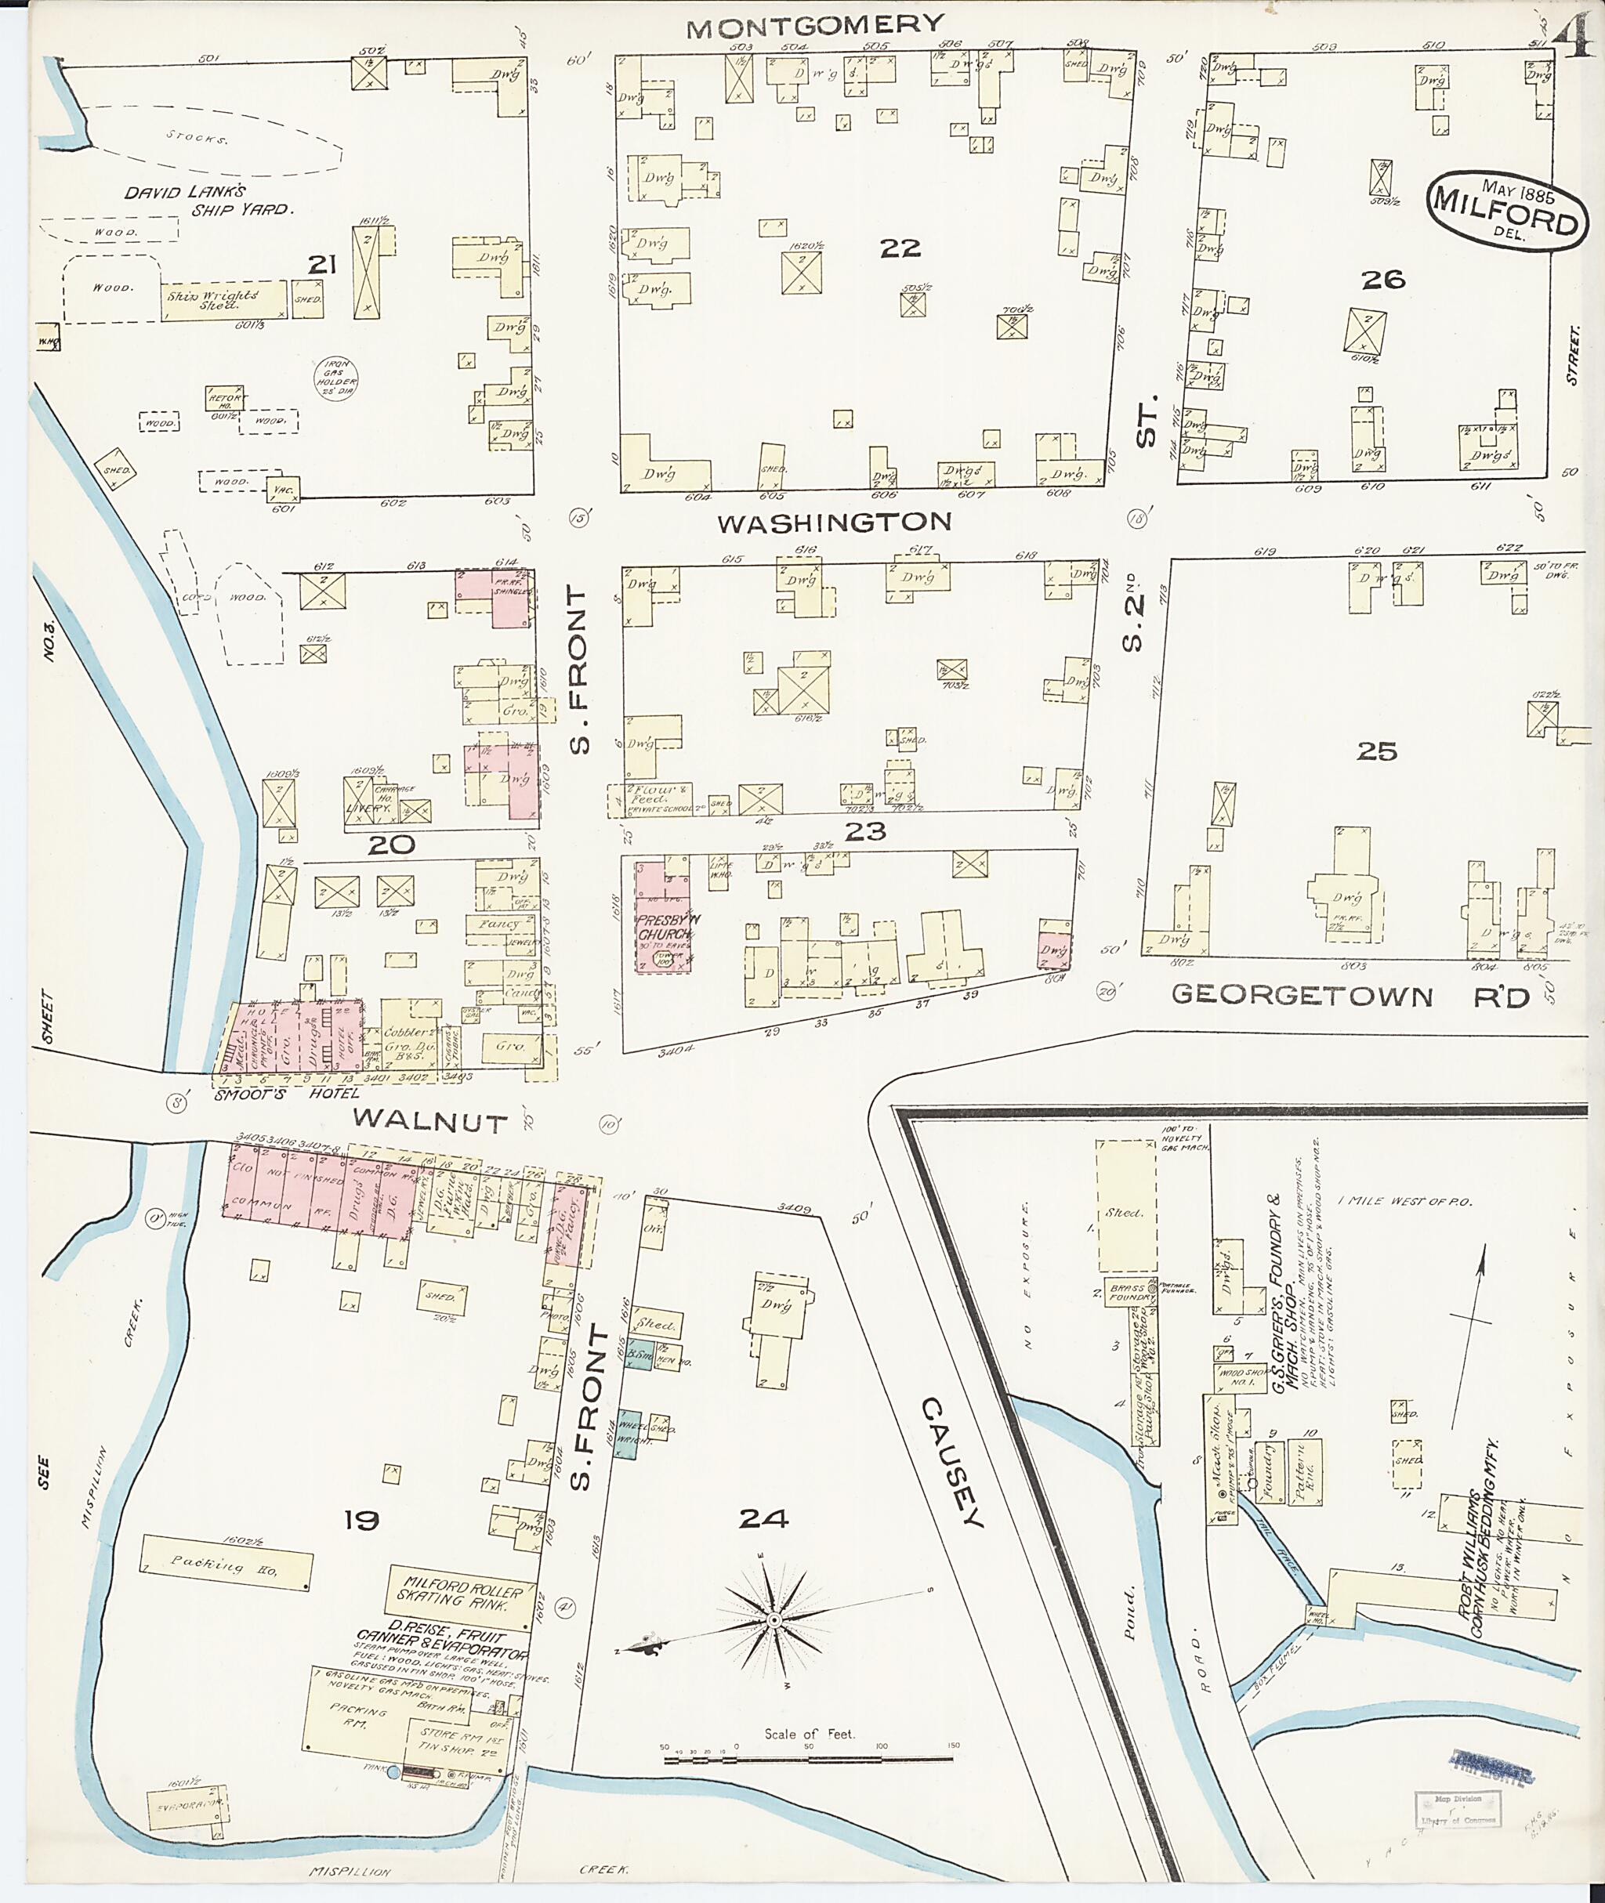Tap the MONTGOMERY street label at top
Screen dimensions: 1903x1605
[815, 26]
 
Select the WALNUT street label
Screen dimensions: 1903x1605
[430, 1120]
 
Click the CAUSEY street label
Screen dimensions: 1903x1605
[953, 1463]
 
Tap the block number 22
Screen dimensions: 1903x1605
[900, 248]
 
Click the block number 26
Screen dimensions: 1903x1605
[1383, 280]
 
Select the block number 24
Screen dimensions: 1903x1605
[763, 1518]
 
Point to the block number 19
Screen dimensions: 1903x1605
[361, 1519]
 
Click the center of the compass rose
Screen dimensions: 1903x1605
[774, 1621]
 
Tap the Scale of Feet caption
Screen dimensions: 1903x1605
[809, 1733]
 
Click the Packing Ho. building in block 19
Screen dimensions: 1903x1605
[226, 1564]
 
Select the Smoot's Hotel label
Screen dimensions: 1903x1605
[262, 1094]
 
